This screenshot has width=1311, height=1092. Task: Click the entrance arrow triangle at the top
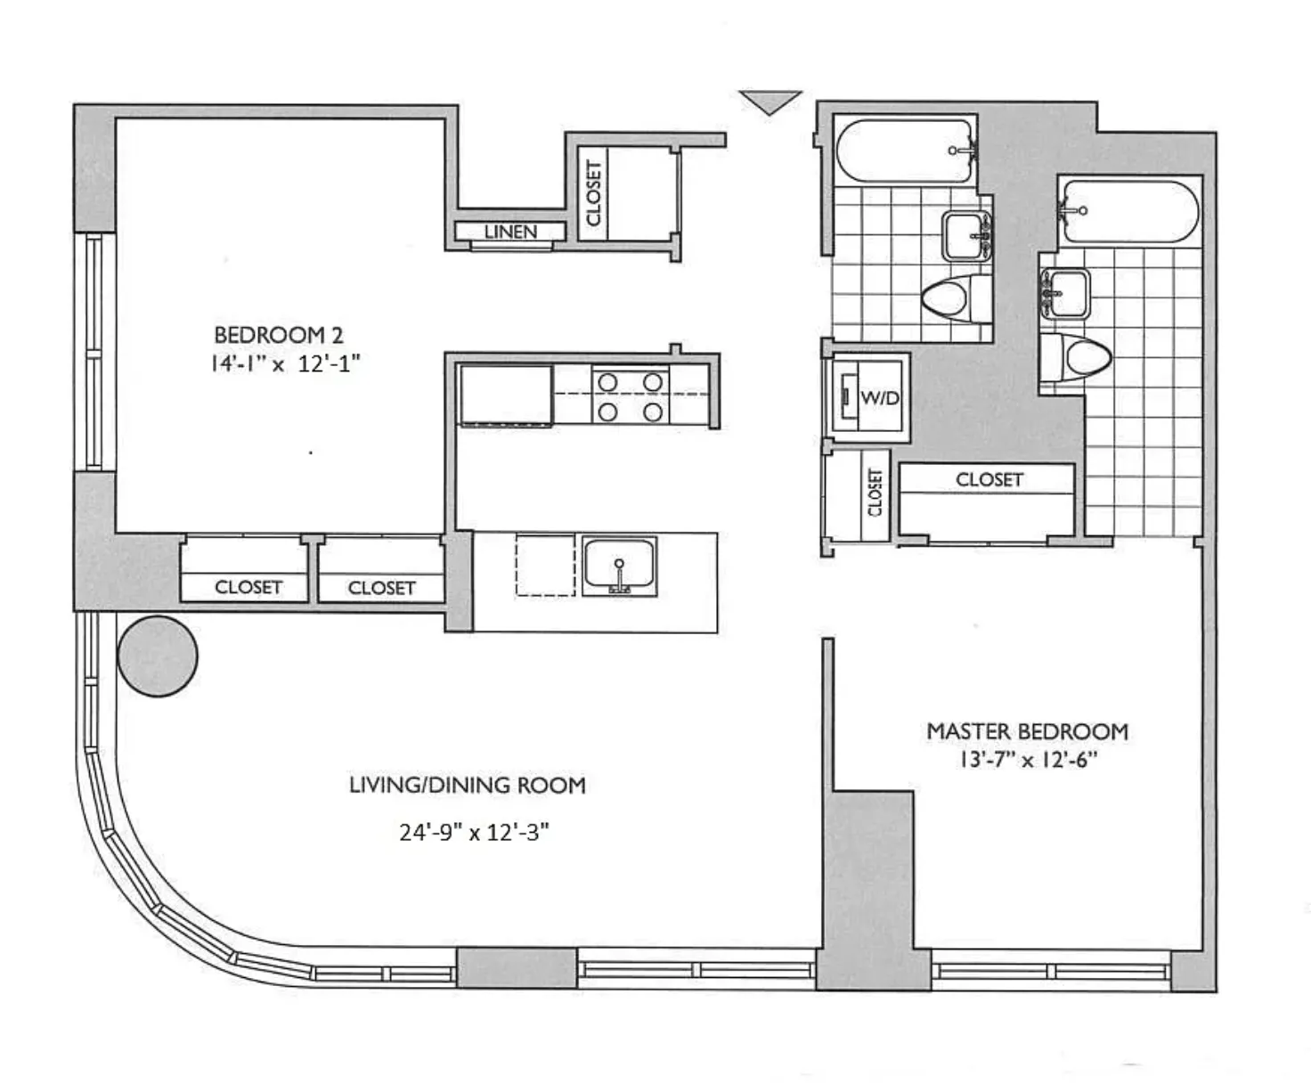[770, 102]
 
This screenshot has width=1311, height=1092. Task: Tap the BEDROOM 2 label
[278, 335]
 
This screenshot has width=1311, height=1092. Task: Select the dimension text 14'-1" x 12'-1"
[285, 363]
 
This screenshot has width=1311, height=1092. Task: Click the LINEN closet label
[510, 232]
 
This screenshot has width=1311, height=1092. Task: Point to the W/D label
[879, 398]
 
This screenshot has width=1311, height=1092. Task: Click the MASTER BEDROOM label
[1027, 731]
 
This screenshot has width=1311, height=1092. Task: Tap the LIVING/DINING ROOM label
[467, 785]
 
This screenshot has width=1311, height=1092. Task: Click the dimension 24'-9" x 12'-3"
[474, 832]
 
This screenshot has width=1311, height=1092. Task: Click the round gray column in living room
[157, 656]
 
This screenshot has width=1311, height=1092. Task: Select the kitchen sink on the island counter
[619, 565]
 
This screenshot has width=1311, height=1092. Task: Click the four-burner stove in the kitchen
[630, 396]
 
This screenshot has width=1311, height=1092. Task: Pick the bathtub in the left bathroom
[904, 151]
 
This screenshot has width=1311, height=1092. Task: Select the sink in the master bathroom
[1064, 294]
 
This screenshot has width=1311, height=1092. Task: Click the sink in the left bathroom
[967, 236]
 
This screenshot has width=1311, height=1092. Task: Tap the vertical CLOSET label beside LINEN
[593, 193]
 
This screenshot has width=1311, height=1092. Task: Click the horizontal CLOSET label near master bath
[989, 479]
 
